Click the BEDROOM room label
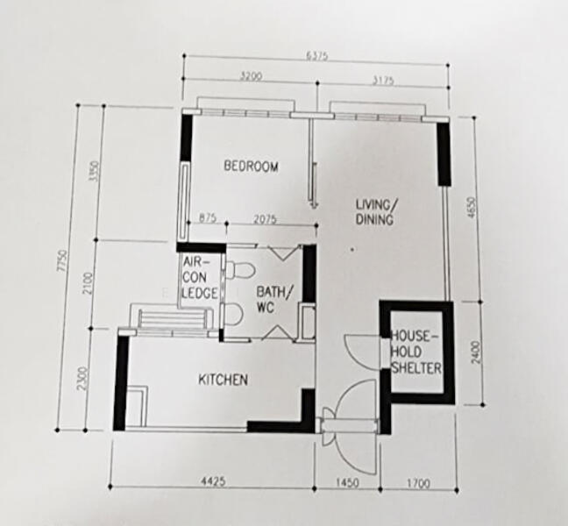click(251, 167)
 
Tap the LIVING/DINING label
click(374, 212)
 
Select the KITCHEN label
click(222, 380)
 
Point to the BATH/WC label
click(273, 299)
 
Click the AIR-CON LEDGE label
click(199, 280)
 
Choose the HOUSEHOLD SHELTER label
click(415, 352)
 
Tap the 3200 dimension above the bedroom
click(251, 78)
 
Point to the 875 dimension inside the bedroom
click(207, 217)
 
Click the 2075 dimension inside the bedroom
click(265, 218)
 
